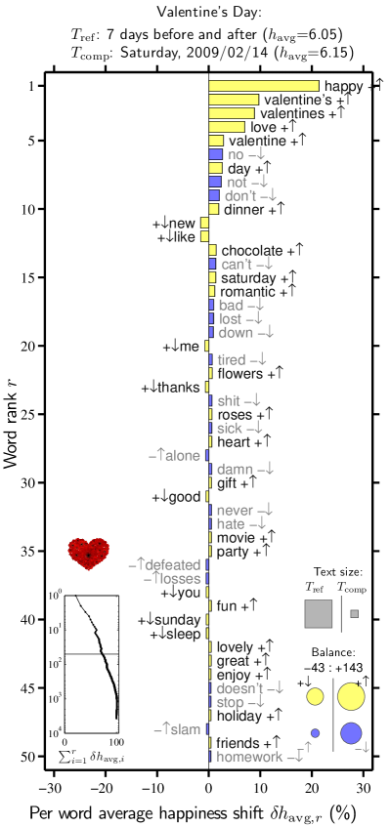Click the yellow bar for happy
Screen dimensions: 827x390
click(264, 86)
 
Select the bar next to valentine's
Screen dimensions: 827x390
click(234, 100)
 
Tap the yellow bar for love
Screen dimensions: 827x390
click(227, 127)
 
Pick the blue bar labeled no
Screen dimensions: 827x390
click(215, 154)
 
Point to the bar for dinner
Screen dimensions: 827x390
click(213, 209)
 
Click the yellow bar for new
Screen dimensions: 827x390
click(204, 223)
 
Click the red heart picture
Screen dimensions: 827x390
click(89, 554)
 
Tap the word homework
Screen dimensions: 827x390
click(249, 757)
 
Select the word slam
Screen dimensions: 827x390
click(185, 729)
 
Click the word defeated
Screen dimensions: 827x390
click(173, 565)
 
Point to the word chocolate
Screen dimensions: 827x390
click(251, 250)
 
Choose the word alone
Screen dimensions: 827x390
click(183, 456)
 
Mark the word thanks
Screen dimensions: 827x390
click(178, 388)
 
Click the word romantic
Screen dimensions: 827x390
click(246, 291)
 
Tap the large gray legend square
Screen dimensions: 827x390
click(319, 613)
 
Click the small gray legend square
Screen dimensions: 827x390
click(354, 613)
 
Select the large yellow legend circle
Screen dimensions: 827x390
click(351, 696)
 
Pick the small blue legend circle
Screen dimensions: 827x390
click(315, 733)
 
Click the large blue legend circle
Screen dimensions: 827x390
click(351, 733)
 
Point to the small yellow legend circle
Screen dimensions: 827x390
click(315, 696)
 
